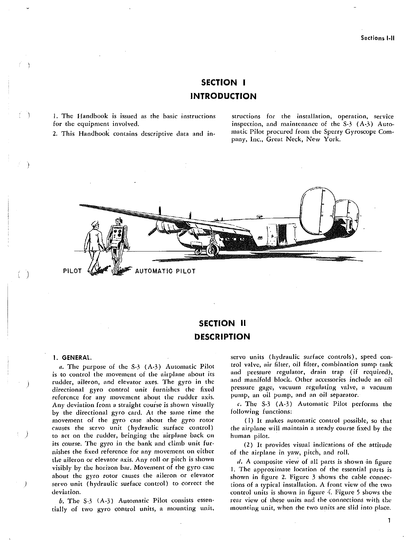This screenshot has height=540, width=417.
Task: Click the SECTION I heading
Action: coord(223,83)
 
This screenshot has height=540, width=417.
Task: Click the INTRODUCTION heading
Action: coord(223,96)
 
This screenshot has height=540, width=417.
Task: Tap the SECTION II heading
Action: coord(222,323)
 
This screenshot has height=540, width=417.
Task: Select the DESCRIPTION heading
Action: coord(222,337)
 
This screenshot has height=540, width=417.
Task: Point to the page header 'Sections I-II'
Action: coord(378,38)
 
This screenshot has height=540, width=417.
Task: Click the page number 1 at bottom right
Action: coord(389,520)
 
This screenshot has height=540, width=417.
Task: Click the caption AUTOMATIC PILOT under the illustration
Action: coord(165,271)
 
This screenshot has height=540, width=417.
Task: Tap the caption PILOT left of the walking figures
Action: coord(72,271)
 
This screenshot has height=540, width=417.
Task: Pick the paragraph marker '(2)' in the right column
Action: coord(249,445)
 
